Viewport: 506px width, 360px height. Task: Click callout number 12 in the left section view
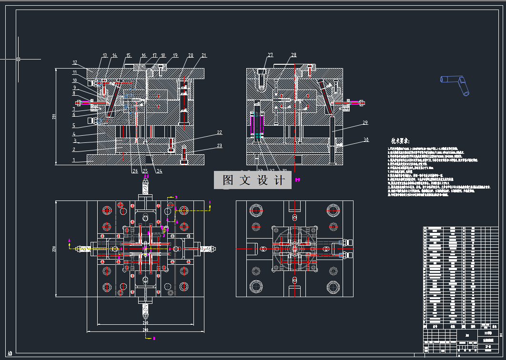click(x=75, y=62)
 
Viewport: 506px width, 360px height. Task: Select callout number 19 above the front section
click(x=175, y=56)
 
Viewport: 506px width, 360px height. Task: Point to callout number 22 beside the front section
click(x=219, y=132)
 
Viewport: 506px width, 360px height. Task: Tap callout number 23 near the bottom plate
click(x=219, y=146)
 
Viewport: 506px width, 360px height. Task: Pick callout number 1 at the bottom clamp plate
click(x=74, y=160)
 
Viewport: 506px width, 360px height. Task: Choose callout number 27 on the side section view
click(x=270, y=55)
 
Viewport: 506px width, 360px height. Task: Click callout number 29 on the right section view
click(x=365, y=123)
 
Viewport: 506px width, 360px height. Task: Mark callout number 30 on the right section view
click(x=365, y=140)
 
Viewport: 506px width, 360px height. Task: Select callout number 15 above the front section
click(x=128, y=56)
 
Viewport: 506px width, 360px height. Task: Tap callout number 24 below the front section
click(x=159, y=171)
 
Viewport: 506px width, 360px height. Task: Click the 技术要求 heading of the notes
click(x=401, y=141)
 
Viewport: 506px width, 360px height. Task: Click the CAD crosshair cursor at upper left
click(x=18, y=59)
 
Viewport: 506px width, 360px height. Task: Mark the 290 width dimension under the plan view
click(x=145, y=330)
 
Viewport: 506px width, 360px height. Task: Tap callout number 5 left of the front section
click(x=74, y=126)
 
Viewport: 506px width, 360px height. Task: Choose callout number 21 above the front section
click(x=204, y=56)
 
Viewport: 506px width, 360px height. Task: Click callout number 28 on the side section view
click(x=293, y=55)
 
